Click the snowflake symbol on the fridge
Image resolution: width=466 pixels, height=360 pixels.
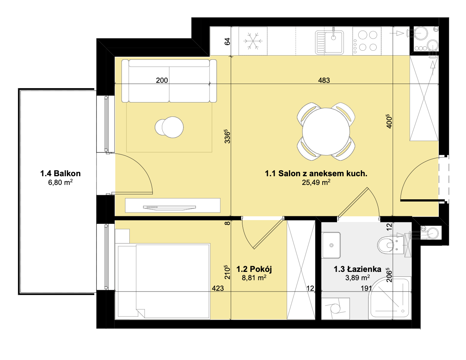pos(253,41)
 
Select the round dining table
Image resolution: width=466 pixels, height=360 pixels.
pos(326,132)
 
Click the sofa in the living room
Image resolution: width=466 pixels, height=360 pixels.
pos(169,81)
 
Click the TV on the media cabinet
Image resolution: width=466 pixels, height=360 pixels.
pos(169,208)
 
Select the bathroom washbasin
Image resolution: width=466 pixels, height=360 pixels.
pos(331,245)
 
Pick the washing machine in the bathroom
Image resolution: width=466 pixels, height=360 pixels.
pos(336,309)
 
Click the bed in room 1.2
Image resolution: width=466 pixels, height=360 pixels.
pos(163,281)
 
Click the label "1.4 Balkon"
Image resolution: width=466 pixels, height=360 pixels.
pos(61,173)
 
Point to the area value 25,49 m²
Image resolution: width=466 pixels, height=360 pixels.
pos(316,182)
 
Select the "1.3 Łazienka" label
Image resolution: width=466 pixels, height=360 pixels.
pos(357,269)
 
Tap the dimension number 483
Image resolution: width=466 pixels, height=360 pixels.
pos(324,80)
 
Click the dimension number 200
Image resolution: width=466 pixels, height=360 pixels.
pos(162,80)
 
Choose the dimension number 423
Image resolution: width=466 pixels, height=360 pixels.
pos(217,288)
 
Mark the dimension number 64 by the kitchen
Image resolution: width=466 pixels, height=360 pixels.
pos(227,41)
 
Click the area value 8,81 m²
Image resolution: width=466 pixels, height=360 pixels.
pos(254,278)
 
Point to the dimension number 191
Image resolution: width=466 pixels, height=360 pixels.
pos(366,288)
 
